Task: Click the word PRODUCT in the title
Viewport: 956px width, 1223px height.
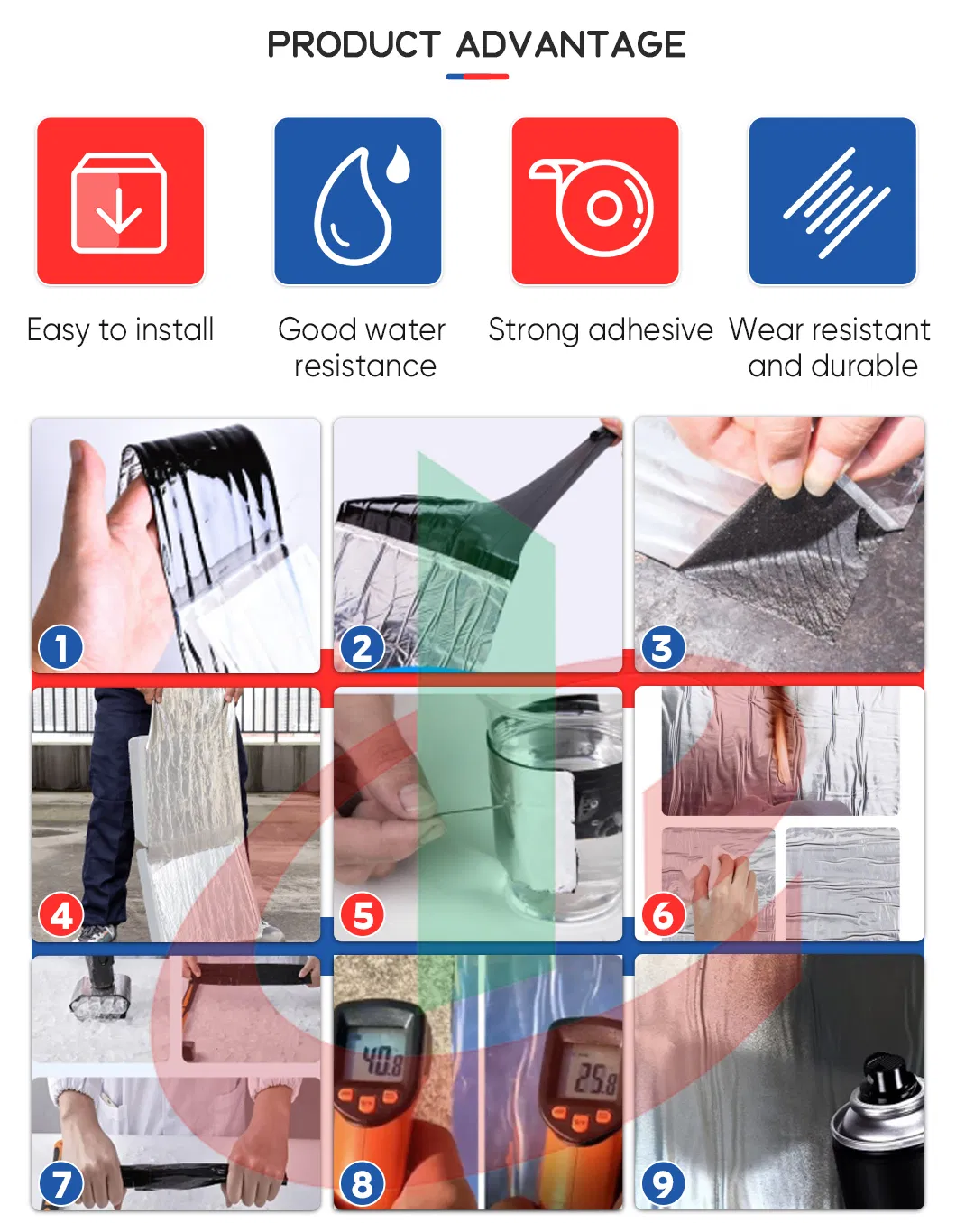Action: (354, 44)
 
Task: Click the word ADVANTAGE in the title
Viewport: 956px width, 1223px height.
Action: (571, 44)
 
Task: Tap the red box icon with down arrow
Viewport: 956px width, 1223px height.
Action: (120, 201)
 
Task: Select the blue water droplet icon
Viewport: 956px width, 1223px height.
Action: (358, 201)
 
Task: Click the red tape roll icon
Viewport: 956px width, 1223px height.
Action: (595, 201)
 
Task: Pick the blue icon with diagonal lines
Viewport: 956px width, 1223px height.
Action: (832, 201)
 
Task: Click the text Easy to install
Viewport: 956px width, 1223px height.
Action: (120, 329)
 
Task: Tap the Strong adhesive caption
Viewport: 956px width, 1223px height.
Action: (601, 329)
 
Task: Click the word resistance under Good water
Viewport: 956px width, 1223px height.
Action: (365, 366)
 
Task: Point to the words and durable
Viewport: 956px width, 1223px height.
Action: (832, 366)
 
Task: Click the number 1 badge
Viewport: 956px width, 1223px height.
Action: (60, 647)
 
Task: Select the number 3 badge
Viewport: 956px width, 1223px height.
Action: (663, 647)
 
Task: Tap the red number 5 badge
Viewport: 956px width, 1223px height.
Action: (363, 915)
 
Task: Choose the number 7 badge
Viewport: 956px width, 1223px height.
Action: (60, 1184)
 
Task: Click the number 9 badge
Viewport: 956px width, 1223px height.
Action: (663, 1184)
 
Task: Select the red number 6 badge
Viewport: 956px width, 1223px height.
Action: (663, 915)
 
